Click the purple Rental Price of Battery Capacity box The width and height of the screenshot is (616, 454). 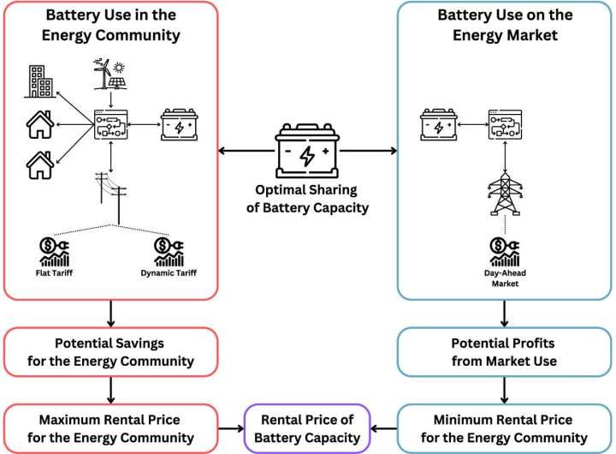click(307, 427)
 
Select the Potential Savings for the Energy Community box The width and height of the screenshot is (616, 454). click(110, 351)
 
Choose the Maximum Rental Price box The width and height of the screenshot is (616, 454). click(110, 427)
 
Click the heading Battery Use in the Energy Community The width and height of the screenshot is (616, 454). click(111, 25)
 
